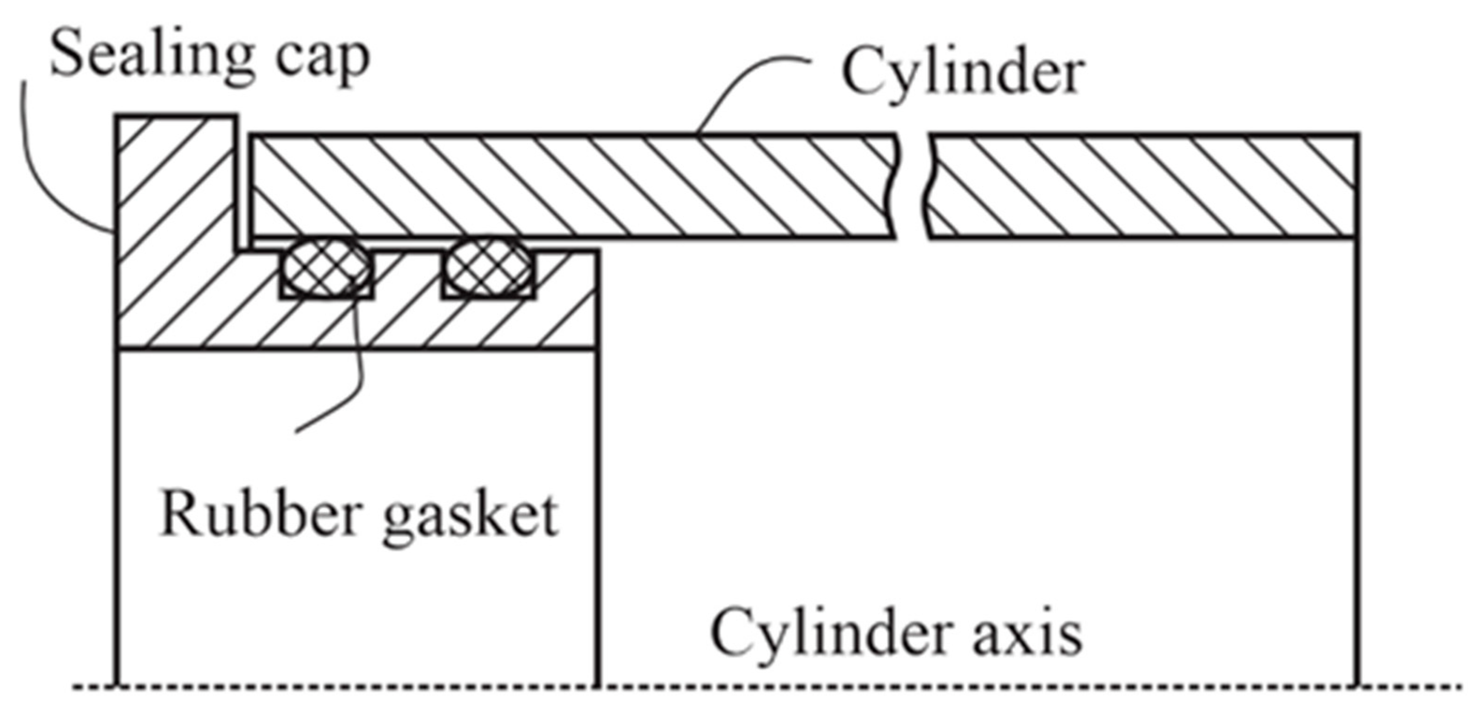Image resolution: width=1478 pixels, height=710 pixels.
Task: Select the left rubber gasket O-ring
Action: (327, 267)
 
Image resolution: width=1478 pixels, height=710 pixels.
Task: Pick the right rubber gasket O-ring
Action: (489, 267)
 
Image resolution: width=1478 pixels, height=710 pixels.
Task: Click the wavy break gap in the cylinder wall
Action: (912, 186)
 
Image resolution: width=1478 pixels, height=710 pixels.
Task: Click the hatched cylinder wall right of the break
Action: (1142, 186)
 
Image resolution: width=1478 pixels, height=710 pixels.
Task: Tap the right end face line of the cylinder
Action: (1357, 459)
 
